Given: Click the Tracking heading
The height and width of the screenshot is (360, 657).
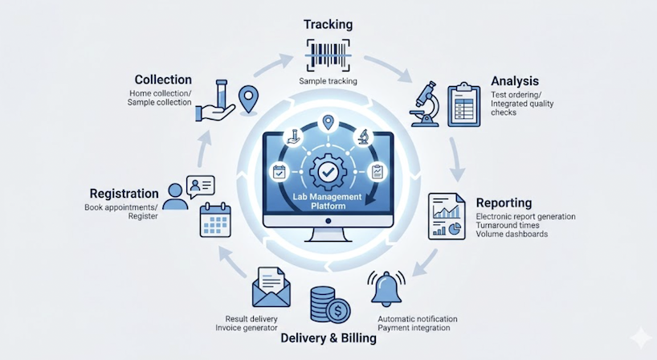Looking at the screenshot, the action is point(328,24).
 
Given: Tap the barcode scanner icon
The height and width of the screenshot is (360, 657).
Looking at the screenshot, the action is point(328,55).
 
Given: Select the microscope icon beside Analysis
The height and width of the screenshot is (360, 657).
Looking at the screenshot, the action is point(425,104).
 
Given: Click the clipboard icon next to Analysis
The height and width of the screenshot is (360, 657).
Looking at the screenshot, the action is point(464,104).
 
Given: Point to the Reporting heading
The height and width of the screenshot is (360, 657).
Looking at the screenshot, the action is point(504,202).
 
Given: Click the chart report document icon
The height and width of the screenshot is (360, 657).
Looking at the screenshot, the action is point(447,216).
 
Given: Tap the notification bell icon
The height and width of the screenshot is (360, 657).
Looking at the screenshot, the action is point(386,288).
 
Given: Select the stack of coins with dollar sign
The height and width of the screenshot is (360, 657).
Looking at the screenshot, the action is point(330,305).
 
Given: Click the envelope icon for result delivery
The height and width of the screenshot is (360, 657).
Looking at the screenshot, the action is point(271,287).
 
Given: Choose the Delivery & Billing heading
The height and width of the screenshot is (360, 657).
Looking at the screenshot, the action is point(328,338).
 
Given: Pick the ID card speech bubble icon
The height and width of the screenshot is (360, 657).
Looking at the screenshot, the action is point(201,186).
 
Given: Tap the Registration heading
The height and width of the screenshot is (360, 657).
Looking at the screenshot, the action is point(124,194).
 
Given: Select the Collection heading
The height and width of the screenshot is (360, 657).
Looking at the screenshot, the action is point(163,80).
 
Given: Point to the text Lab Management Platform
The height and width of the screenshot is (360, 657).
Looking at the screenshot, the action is point(327,201).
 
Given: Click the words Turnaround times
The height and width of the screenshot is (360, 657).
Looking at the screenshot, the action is point(508,225).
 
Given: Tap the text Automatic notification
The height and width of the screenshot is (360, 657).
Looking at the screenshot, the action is point(418,319).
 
